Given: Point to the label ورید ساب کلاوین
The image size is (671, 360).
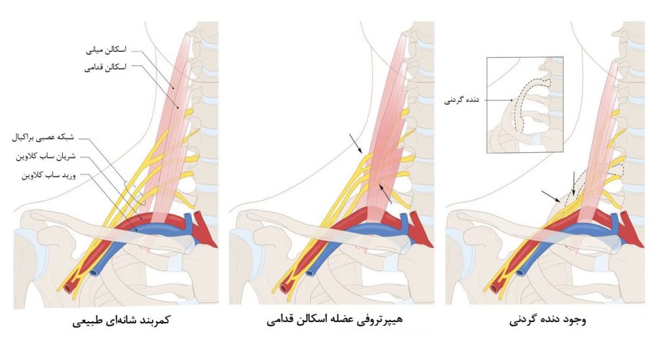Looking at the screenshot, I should [x=48, y=175].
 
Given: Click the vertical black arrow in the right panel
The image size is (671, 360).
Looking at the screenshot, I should [x=574, y=183].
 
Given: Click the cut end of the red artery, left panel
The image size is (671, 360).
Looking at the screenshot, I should [x=68, y=287].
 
